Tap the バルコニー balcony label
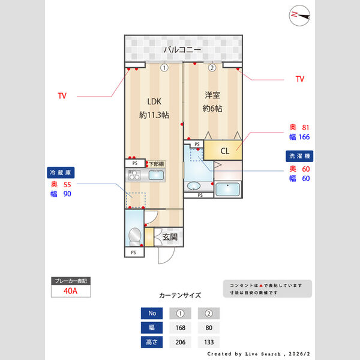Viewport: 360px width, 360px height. point(183,49)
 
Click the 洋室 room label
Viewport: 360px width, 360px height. point(212,95)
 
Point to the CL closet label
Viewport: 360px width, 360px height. point(224,151)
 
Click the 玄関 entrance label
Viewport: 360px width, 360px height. point(169,237)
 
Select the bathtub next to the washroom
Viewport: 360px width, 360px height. point(227,190)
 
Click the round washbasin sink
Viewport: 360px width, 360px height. point(194,187)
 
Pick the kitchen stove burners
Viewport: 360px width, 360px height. point(134,176)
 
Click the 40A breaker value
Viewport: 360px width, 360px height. point(70,292)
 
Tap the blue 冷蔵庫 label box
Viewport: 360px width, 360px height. point(62,172)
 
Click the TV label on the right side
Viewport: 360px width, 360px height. point(300,79)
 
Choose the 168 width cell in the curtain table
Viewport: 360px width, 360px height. point(180,328)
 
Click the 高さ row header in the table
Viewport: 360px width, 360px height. point(151,343)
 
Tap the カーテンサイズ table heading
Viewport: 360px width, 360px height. point(180,296)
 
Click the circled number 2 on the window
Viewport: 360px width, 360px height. point(211,68)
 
